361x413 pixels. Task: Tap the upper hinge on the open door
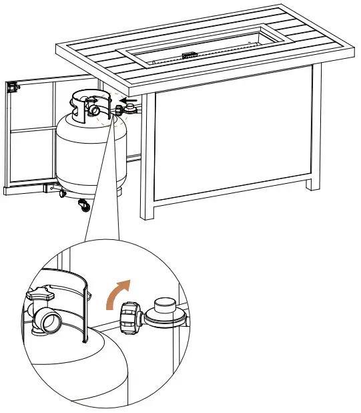11,87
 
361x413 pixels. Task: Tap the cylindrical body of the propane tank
87,154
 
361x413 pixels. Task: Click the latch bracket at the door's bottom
48,188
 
